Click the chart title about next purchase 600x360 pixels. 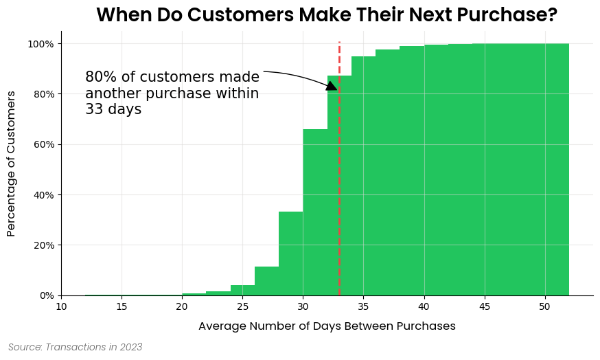pyautogui.click(x=326, y=14)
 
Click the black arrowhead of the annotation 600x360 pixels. pyautogui.click(x=332, y=86)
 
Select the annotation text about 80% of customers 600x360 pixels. pyautogui.click(x=172, y=93)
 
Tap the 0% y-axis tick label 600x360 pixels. pyautogui.click(x=46, y=295)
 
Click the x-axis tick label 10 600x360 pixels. pyautogui.click(x=61, y=306)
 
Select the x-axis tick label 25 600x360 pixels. pyautogui.click(x=242, y=306)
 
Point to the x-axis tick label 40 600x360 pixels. pyautogui.click(x=424, y=306)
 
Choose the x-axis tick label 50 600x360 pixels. pyautogui.click(x=544, y=306)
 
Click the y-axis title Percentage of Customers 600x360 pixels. pyautogui.click(x=11, y=164)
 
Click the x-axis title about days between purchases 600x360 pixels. pyautogui.click(x=327, y=326)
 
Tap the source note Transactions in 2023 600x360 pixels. pyautogui.click(x=76, y=348)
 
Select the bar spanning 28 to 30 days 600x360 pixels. pyautogui.click(x=290, y=254)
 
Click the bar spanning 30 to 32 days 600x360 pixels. pyautogui.click(x=315, y=212)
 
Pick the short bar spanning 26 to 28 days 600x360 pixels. pyautogui.click(x=266, y=281)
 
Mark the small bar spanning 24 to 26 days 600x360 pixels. pyautogui.click(x=242, y=290)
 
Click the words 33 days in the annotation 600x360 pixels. pyautogui.click(x=113, y=109)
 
